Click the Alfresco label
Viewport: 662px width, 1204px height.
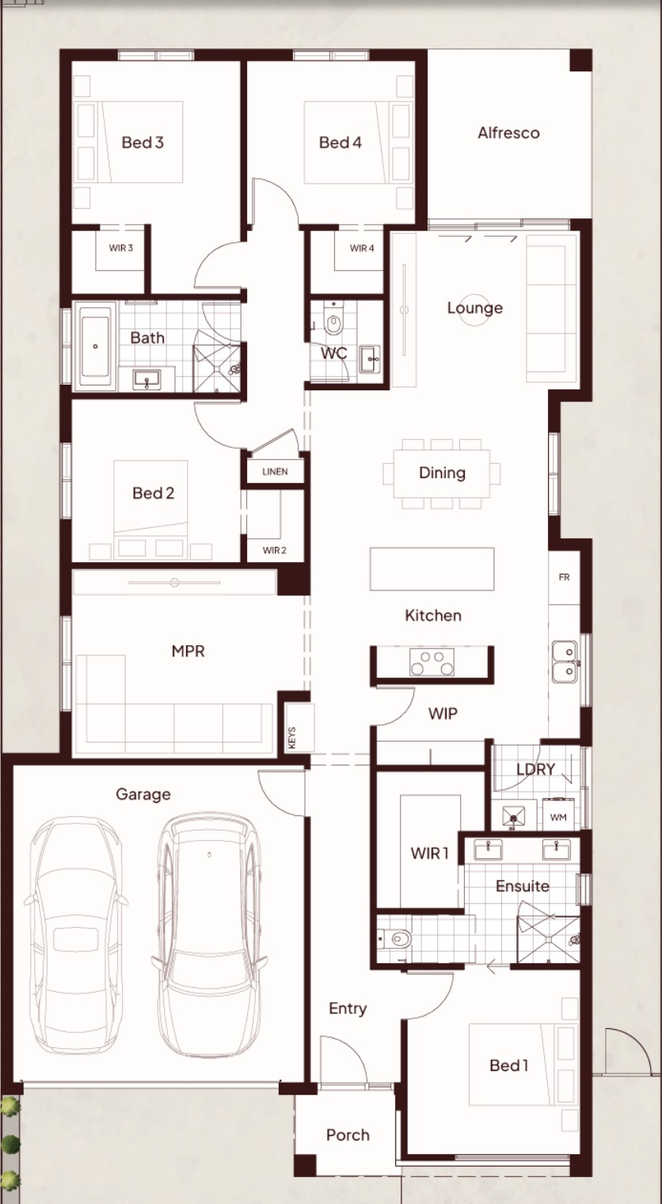point(508,133)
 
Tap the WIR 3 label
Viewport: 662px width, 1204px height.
point(120,248)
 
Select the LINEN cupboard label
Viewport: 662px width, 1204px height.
point(275,471)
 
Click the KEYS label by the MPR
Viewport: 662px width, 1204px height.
point(292,738)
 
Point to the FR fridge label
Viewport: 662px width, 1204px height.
point(564,577)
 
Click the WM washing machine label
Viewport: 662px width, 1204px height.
point(558,817)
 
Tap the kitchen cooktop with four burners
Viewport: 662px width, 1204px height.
point(432,662)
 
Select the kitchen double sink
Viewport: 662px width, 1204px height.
point(564,661)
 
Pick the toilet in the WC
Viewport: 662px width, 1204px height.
point(333,321)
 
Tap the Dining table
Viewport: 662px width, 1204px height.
point(442,473)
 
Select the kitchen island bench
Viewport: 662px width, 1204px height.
point(432,568)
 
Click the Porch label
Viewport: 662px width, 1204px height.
point(348,1134)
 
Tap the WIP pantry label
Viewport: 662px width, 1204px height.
point(443,713)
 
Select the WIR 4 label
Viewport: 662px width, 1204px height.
point(361,248)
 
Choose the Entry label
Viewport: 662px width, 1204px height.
point(348,1009)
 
